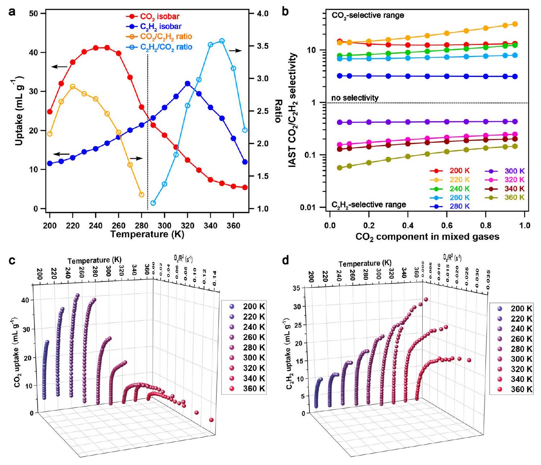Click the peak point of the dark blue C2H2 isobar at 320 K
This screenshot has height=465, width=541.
[x=187, y=84]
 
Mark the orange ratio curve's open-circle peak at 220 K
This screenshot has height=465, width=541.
[x=73, y=87]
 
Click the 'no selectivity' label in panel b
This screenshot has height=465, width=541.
[x=355, y=98]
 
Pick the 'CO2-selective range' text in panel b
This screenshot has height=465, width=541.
[x=368, y=16]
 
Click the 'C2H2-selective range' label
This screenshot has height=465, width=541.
[x=369, y=205]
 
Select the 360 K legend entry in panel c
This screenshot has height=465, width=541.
[x=254, y=389]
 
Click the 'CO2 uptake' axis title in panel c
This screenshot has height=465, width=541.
[x=18, y=352]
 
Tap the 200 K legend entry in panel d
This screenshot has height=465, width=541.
[x=521, y=308]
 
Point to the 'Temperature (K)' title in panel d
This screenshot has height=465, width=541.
[x=365, y=264]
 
